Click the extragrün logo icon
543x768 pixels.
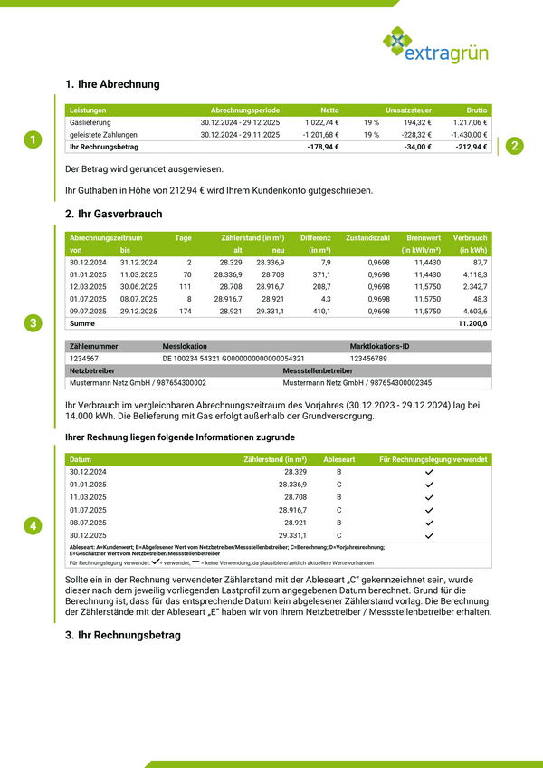[x=396, y=43]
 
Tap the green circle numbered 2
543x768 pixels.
[x=513, y=146]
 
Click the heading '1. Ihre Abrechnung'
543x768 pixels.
[x=112, y=84]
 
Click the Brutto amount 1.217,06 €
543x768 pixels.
[x=470, y=122]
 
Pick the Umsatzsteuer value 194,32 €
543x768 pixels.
[x=417, y=122]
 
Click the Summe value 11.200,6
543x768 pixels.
[x=472, y=323]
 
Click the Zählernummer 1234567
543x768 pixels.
[x=84, y=359]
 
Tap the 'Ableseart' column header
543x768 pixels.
[x=339, y=459]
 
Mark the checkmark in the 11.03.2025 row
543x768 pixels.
[x=429, y=497]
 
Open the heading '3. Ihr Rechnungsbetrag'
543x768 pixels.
[x=122, y=635]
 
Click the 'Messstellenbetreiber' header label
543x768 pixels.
[x=318, y=370]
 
